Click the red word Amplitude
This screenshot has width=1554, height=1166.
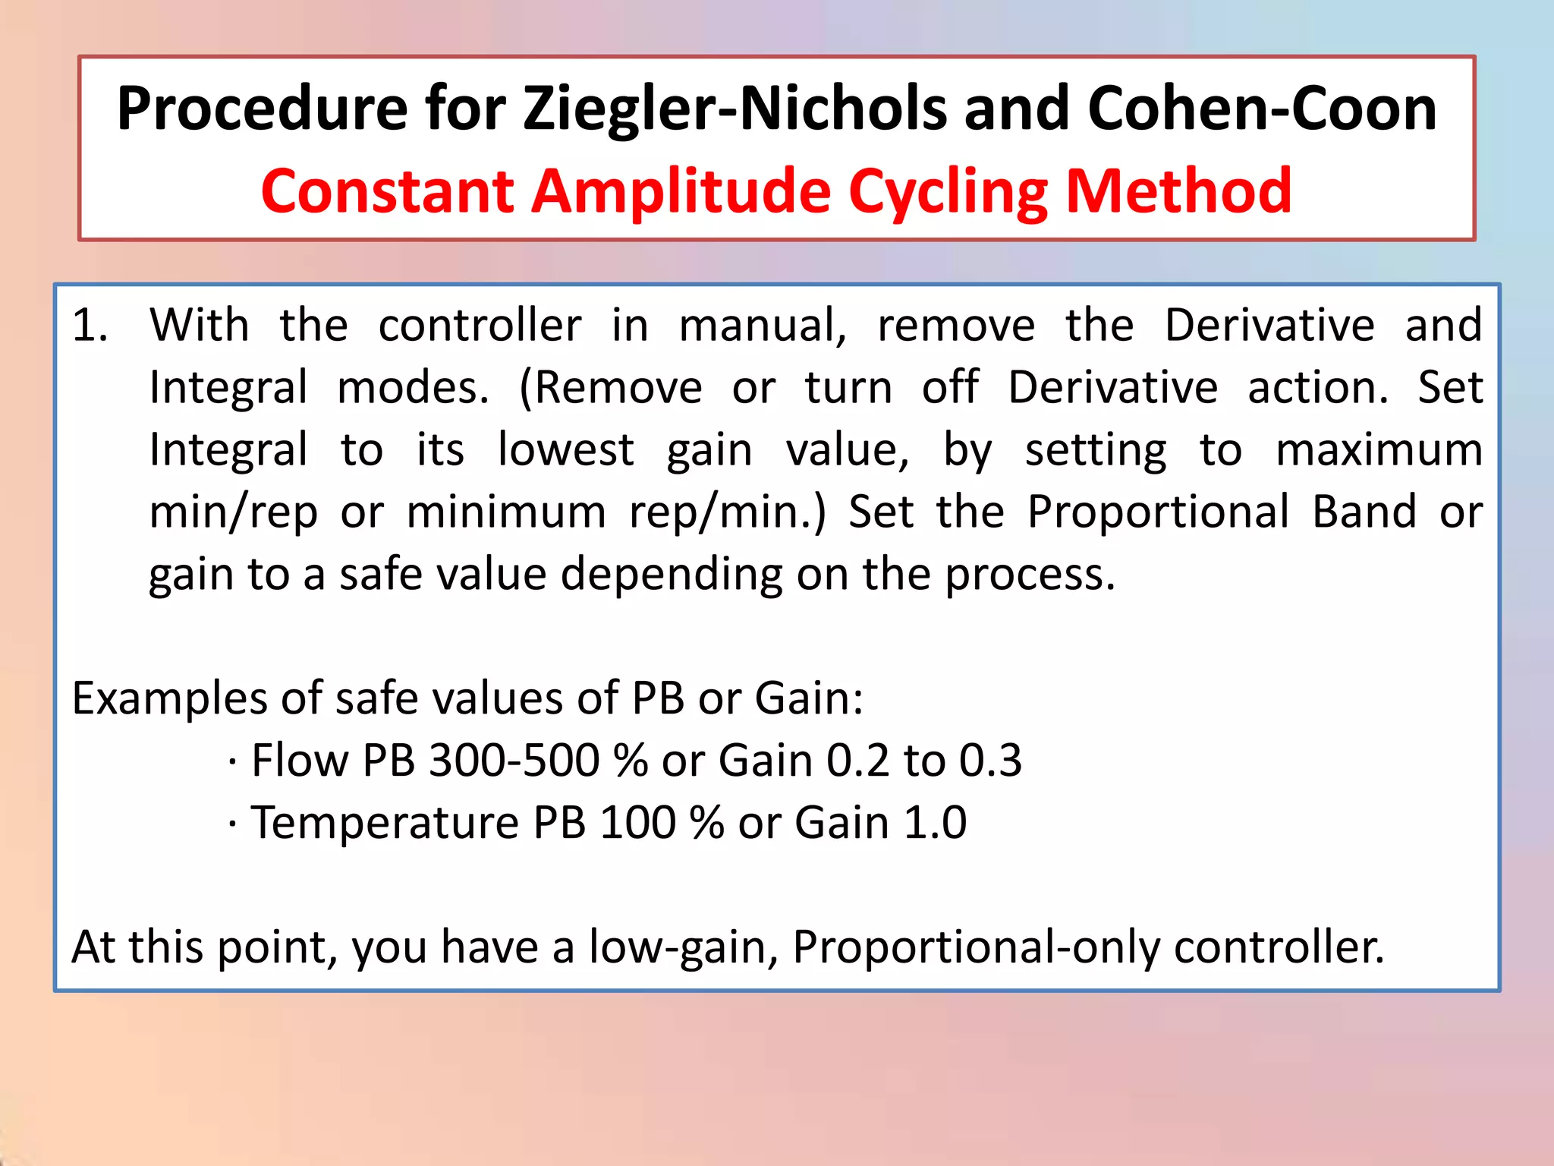[681, 191]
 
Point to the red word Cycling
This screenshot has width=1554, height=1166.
[948, 191]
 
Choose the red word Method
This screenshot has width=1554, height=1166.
[1178, 191]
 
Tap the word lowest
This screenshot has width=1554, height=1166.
[565, 450]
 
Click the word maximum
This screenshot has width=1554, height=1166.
[1379, 450]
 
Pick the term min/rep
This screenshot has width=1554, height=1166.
[234, 513]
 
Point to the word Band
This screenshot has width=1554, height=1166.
[1364, 512]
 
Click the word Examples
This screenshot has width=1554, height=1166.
[169, 698]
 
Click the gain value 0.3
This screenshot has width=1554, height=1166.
[990, 761]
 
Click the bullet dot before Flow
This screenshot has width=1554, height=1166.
[231, 761]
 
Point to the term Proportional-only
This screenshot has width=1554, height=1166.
[975, 948]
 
